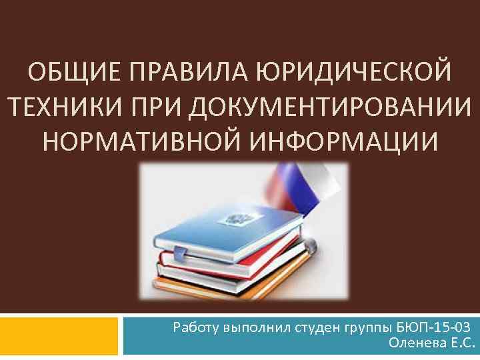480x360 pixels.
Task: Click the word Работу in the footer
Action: pyautogui.click(x=194, y=328)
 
